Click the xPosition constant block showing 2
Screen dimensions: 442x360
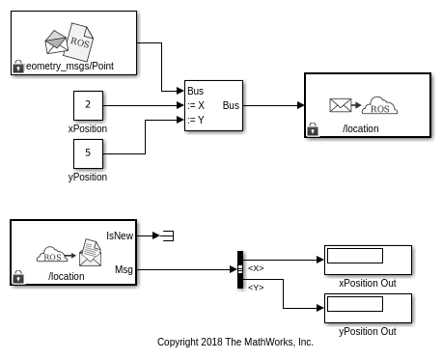coord(88,105)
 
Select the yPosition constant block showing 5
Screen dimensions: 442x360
coord(88,153)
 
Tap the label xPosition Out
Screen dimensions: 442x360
coord(368,283)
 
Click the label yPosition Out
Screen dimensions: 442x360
coord(368,331)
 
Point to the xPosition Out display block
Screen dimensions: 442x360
coord(368,260)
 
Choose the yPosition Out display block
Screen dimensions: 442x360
coord(368,308)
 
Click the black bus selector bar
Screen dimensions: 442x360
coord(240,269)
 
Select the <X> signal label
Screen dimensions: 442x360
coord(256,268)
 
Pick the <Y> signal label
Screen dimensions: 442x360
coord(256,288)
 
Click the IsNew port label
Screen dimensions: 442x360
coord(120,235)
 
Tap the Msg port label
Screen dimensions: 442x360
coord(124,269)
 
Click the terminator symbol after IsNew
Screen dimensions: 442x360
coord(168,235)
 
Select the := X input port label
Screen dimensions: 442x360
coord(196,105)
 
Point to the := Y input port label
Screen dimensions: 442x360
coord(196,120)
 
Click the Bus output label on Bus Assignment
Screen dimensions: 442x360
coord(231,105)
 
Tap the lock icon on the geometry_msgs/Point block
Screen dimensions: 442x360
coord(18,67)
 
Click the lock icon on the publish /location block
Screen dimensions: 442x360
coord(313,128)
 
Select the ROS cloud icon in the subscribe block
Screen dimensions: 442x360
coord(52,255)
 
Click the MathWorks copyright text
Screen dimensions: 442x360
coord(235,342)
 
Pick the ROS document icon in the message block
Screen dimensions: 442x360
coord(80,42)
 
